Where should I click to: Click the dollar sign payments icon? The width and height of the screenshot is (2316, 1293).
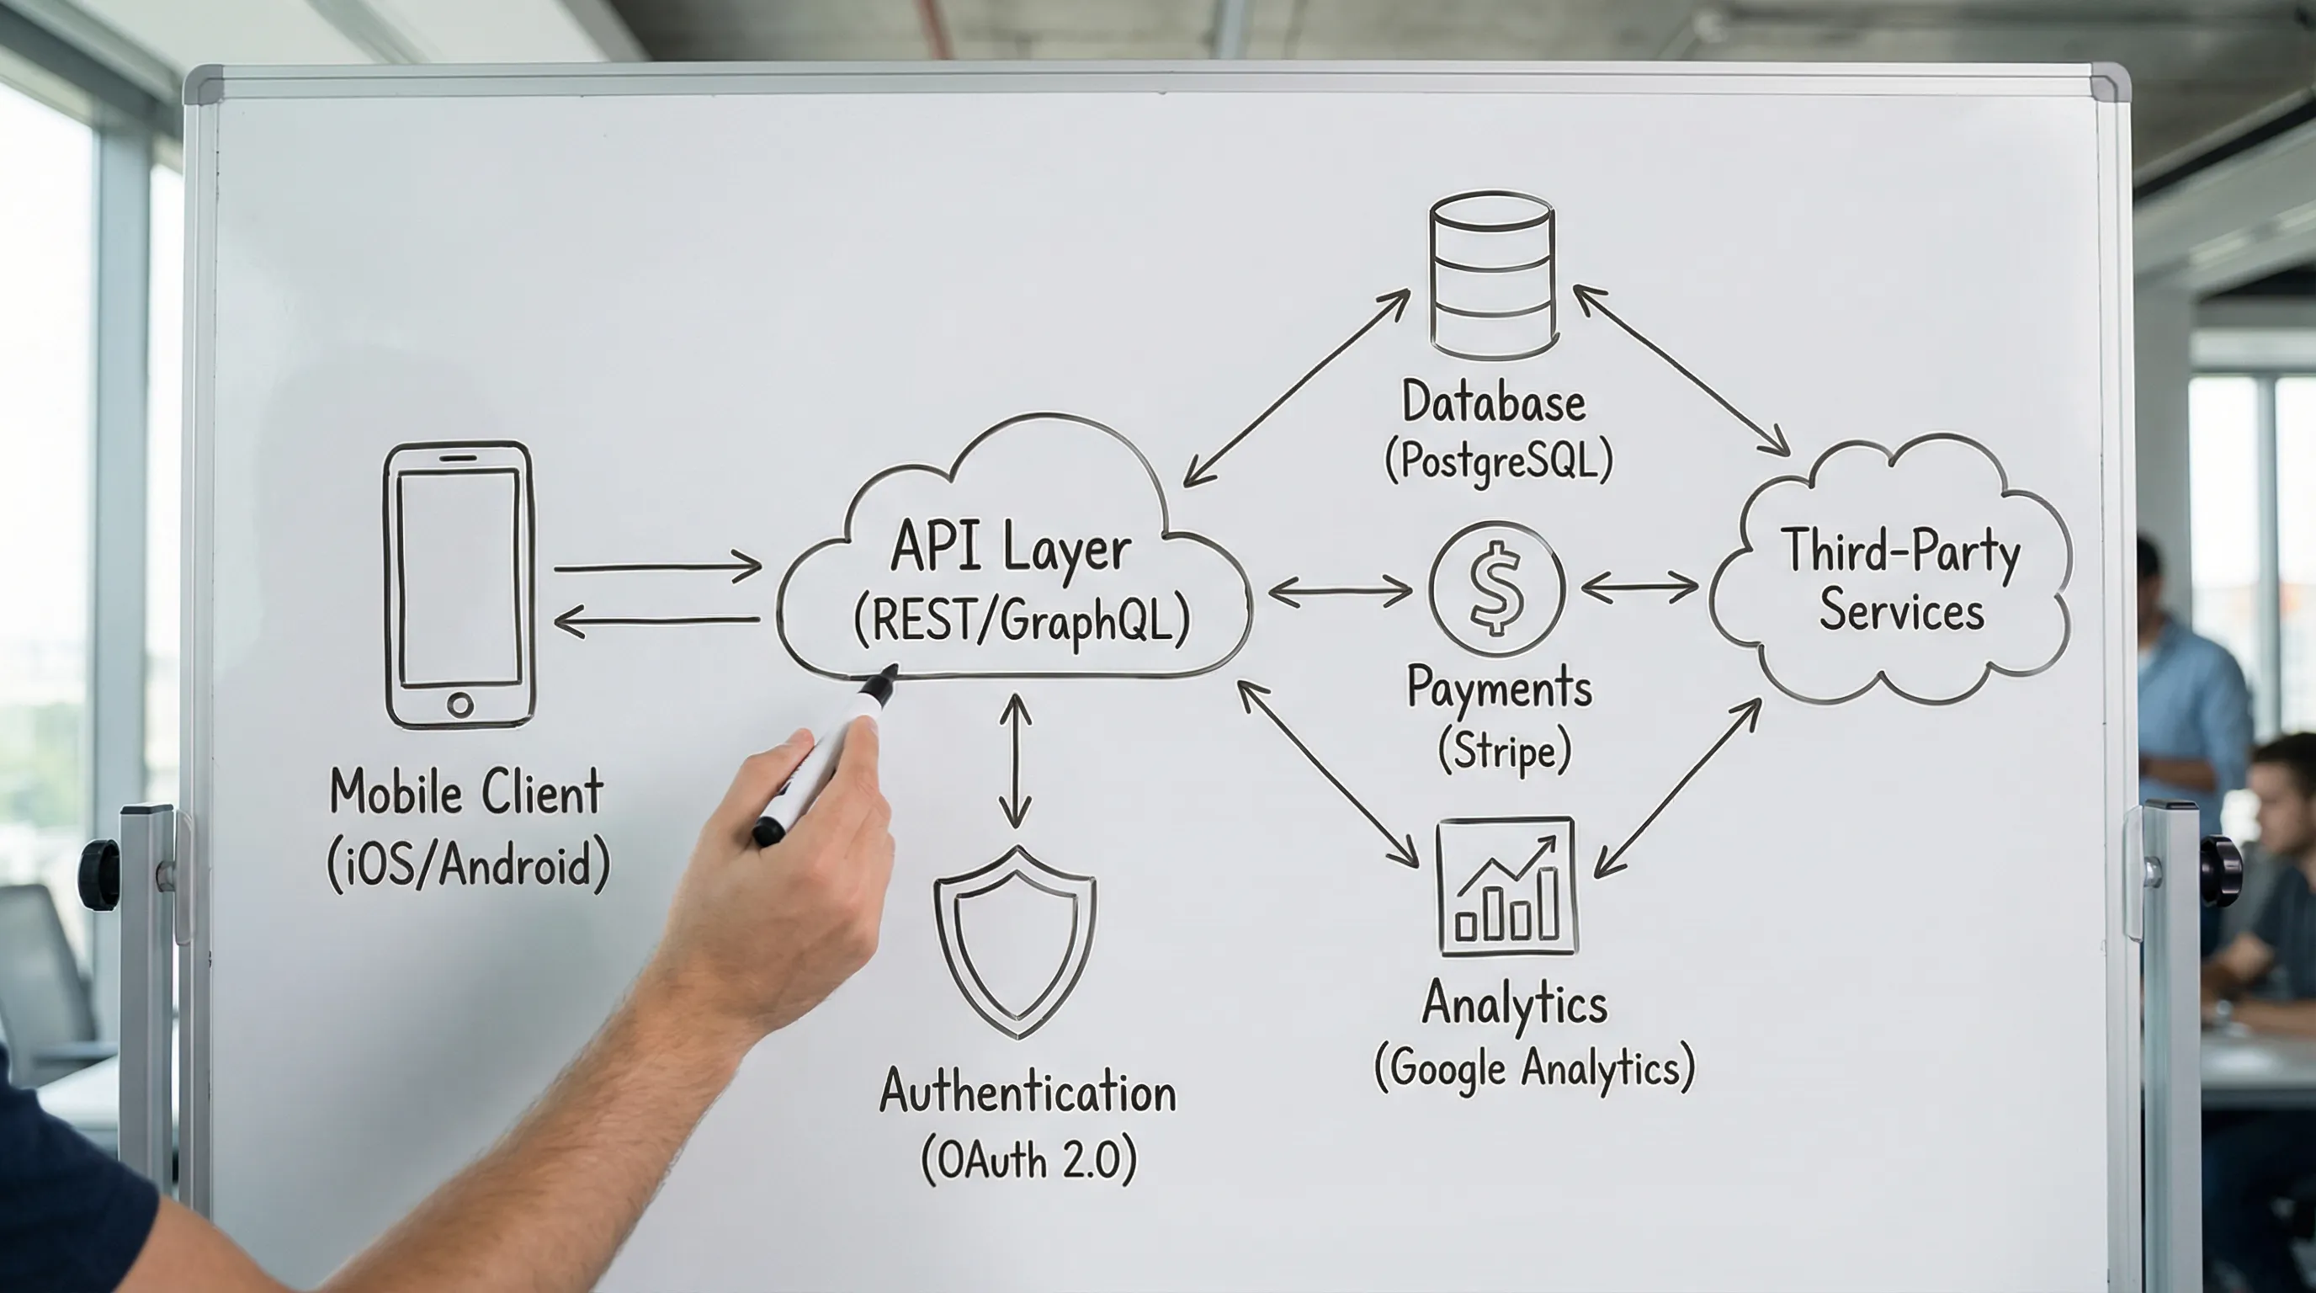coord(1497,589)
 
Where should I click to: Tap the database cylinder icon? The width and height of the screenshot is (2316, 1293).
coord(1492,274)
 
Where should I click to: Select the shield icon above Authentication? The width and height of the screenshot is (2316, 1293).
coord(1015,939)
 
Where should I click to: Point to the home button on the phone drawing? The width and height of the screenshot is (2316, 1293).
coord(459,704)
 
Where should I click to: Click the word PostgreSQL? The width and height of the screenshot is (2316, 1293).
coord(1499,461)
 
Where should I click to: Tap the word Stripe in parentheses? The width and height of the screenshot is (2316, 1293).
coord(1504,751)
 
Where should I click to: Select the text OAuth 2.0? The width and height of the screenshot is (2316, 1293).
coord(1029,1161)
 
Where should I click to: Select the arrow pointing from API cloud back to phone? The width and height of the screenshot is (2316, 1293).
coord(656,620)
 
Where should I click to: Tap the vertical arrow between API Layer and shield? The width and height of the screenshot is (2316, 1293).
coord(1015,761)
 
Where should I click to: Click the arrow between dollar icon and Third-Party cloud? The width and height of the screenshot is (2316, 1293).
coord(1639,588)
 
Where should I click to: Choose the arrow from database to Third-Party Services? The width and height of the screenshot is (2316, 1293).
coord(1681,370)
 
